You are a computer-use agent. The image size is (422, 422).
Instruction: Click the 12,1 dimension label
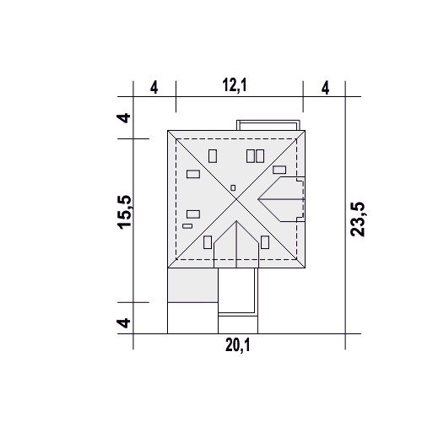(235, 85)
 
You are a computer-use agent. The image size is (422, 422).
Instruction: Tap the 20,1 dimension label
(237, 345)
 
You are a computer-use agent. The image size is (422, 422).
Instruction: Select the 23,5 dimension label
(358, 219)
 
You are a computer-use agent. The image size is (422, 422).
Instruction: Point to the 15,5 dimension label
(124, 212)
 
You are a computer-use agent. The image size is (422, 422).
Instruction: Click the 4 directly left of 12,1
(154, 88)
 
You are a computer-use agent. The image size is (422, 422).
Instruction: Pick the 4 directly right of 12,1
(325, 88)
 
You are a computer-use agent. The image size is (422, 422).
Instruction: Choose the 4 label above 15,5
(124, 118)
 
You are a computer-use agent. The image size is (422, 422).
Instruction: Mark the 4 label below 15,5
(124, 323)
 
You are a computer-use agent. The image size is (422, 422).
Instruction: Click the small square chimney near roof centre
(233, 187)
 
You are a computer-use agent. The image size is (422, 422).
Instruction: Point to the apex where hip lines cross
(236, 199)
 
